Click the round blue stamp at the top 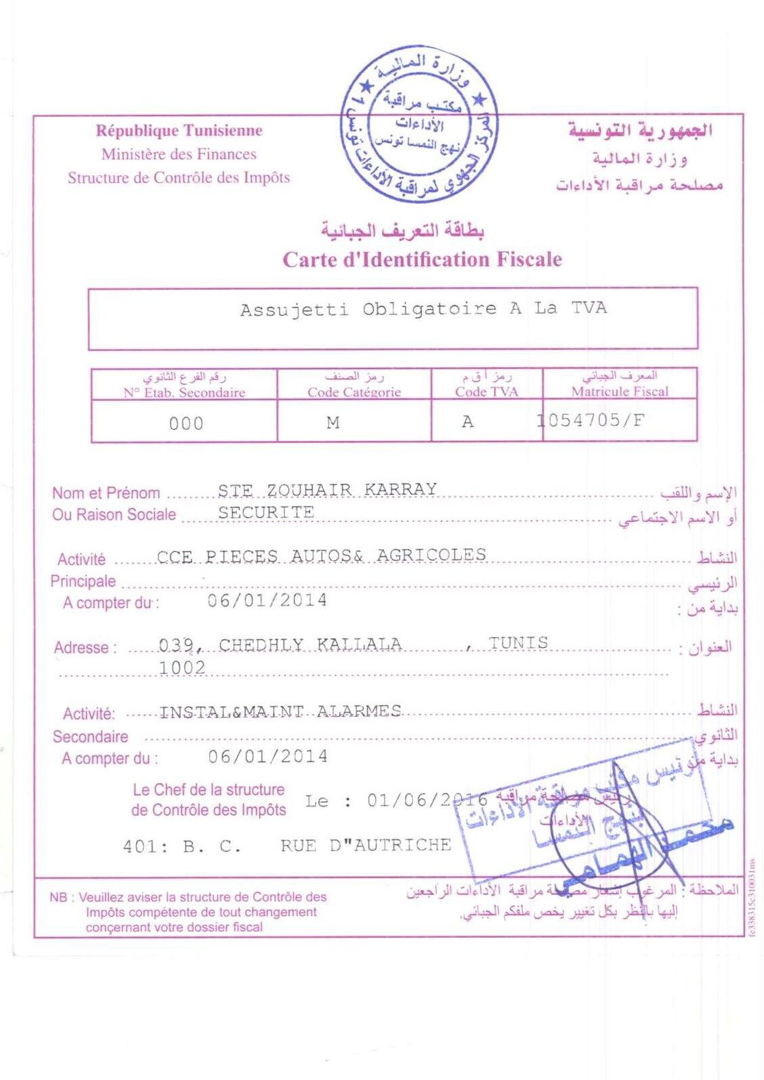pyautogui.click(x=419, y=124)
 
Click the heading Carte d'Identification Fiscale pyautogui.click(x=422, y=260)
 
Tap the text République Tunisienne pyautogui.click(x=179, y=130)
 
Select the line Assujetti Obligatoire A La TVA pyautogui.click(x=423, y=309)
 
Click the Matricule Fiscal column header pyautogui.click(x=620, y=391)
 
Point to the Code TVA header pyautogui.click(x=486, y=391)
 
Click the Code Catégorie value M pyautogui.click(x=333, y=423)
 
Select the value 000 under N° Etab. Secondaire pyautogui.click(x=186, y=424)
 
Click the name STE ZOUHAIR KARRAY pyautogui.click(x=327, y=489)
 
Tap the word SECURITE pyautogui.click(x=266, y=512)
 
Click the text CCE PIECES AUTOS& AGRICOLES pyautogui.click(x=321, y=556)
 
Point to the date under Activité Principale pyautogui.click(x=267, y=600)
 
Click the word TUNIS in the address pyautogui.click(x=518, y=643)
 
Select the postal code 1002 pyautogui.click(x=182, y=668)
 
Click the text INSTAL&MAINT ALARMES pyautogui.click(x=280, y=711)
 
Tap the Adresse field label pyautogui.click(x=84, y=648)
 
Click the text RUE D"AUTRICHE pyautogui.click(x=366, y=845)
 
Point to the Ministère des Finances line pyautogui.click(x=179, y=154)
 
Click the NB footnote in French pyautogui.click(x=188, y=912)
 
